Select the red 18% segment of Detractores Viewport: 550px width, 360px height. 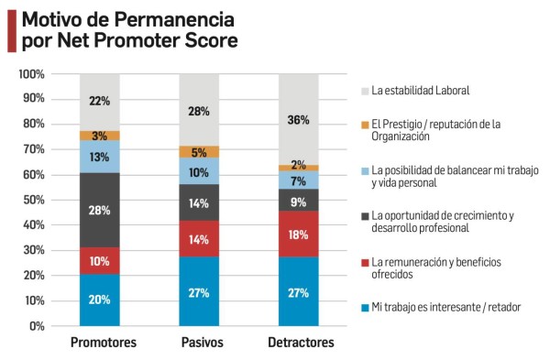(299, 234)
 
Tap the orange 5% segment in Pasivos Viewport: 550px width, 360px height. (199, 152)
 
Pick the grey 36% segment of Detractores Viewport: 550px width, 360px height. (299, 119)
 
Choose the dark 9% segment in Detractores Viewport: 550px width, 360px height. (299, 200)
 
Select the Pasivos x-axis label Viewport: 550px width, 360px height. (199, 343)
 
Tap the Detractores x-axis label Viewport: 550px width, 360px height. (299, 343)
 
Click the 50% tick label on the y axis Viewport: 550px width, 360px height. (34, 200)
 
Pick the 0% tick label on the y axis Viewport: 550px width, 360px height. (38, 326)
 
